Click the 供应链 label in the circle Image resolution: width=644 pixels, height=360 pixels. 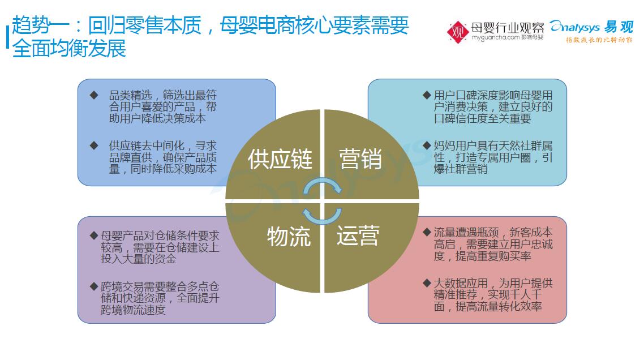click(280, 159)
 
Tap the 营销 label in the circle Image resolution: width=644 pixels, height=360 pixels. click(360, 159)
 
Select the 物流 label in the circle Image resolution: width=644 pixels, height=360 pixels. click(289, 236)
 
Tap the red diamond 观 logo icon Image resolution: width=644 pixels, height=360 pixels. click(458, 32)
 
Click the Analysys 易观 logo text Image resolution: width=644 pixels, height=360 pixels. click(592, 27)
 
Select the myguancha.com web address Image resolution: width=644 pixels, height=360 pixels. click(496, 37)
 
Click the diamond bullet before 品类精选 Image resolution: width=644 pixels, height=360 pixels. click(94, 95)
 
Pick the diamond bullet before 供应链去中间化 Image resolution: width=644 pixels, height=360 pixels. click(94, 145)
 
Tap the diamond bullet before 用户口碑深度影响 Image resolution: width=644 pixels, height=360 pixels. click(427, 95)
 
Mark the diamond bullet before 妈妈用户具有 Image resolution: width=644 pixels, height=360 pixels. click(427, 145)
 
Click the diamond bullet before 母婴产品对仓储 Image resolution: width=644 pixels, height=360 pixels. click(94, 235)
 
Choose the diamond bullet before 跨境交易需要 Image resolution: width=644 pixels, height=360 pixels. click(94, 286)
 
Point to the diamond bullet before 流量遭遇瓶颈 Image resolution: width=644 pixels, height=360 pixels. click(427, 232)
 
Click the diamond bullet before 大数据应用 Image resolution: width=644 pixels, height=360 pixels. click(427, 283)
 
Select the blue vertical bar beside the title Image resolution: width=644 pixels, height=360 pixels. click(7, 37)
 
